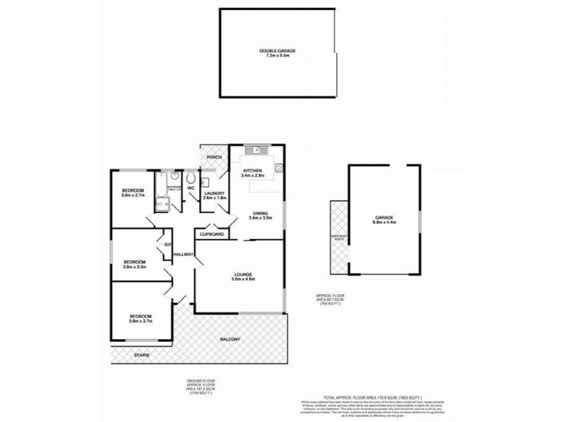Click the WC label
point(190,188)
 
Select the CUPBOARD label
point(212,234)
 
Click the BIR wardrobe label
point(167,244)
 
